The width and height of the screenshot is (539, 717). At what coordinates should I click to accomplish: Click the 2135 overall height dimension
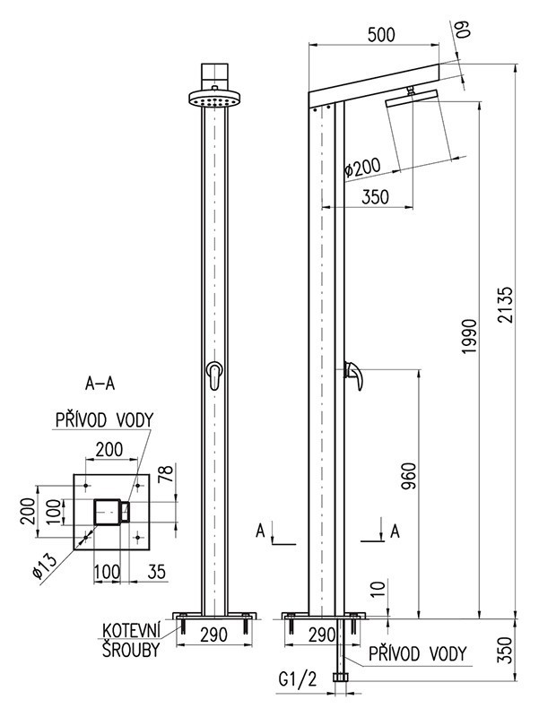[507, 305]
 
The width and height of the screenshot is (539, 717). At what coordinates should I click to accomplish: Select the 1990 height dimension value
[470, 336]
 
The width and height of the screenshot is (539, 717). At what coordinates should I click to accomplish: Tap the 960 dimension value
[409, 476]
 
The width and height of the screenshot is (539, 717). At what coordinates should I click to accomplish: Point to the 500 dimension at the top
[380, 34]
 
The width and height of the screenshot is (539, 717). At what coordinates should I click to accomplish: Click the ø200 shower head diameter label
[362, 168]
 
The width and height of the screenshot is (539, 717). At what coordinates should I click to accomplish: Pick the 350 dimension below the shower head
[375, 196]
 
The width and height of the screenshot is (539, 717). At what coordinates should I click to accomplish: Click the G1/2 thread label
[298, 680]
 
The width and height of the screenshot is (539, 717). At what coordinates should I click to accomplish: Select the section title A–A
[100, 384]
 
